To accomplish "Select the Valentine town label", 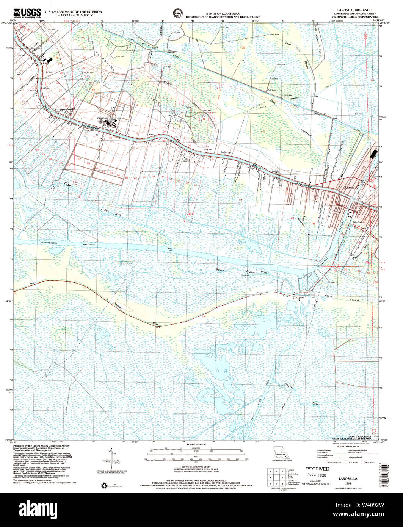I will [102, 118].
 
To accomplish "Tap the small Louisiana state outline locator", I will [280, 453].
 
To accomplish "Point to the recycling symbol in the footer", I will [104, 485].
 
